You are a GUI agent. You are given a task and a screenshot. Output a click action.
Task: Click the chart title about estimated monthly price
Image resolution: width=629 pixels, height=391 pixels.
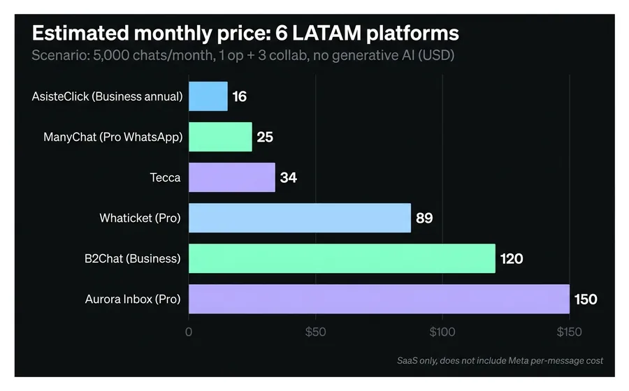click(245, 34)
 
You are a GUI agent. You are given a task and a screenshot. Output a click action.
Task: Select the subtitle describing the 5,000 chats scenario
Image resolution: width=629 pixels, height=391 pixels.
click(243, 55)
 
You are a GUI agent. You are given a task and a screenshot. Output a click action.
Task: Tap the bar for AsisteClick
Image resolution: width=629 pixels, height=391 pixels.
click(208, 96)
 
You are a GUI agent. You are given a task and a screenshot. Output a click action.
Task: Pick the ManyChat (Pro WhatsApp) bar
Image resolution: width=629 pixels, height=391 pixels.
click(220, 137)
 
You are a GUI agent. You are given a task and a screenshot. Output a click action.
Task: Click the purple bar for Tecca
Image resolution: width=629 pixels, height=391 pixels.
click(232, 177)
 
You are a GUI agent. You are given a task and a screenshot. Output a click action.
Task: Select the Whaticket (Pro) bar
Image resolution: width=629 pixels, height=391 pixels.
click(300, 218)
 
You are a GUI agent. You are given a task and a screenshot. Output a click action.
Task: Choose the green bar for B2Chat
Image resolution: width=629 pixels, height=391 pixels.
click(342, 258)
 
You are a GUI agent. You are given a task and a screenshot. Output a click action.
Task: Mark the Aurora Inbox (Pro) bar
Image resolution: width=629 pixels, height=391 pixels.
click(379, 299)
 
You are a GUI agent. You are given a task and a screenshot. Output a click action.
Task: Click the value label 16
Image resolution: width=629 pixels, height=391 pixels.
click(240, 97)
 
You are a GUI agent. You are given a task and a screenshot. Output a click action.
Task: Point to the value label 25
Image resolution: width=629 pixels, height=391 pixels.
click(265, 138)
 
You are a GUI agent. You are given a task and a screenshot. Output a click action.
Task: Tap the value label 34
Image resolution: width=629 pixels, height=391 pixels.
click(289, 178)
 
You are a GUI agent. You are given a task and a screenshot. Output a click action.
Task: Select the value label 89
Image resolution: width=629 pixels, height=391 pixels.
click(424, 219)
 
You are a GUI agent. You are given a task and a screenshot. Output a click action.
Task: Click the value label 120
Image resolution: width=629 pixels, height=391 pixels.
click(512, 259)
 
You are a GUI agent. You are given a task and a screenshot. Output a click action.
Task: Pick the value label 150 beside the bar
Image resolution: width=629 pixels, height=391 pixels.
click(586, 300)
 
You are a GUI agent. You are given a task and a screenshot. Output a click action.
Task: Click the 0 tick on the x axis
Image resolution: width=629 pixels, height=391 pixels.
click(189, 332)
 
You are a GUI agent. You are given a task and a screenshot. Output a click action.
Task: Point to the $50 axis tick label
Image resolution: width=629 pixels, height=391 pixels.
click(316, 332)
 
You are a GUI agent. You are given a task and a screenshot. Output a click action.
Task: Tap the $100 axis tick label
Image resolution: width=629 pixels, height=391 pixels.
click(442, 332)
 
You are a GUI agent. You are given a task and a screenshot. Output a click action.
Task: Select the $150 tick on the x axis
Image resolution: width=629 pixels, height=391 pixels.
click(569, 332)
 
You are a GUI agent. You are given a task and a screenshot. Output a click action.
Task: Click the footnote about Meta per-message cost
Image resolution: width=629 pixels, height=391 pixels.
click(500, 361)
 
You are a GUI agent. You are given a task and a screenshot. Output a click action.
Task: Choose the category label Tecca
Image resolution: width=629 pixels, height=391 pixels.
click(166, 177)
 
